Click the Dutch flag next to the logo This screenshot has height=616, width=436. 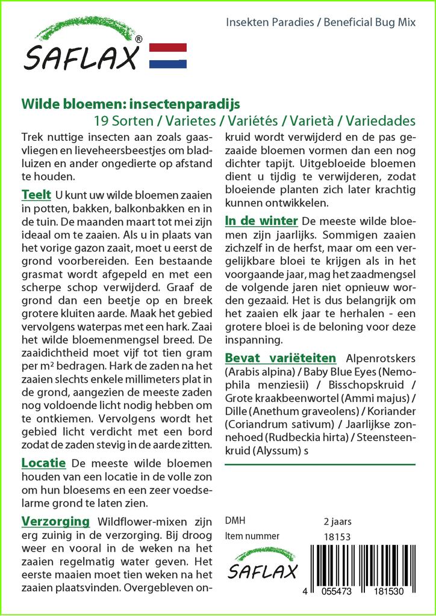[167, 55]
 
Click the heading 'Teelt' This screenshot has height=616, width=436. [36, 196]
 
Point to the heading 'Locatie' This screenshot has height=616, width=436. [43, 463]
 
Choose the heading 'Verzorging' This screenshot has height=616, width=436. [55, 521]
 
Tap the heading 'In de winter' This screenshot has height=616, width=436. [261, 221]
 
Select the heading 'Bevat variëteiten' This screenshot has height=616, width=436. [280, 359]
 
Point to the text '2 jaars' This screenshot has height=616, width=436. [337, 521]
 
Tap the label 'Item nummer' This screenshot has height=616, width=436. [252, 536]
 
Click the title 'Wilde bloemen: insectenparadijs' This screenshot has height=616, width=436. [130, 103]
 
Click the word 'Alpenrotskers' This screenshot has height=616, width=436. [379, 359]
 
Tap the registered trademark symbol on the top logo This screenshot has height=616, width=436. [139, 39]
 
